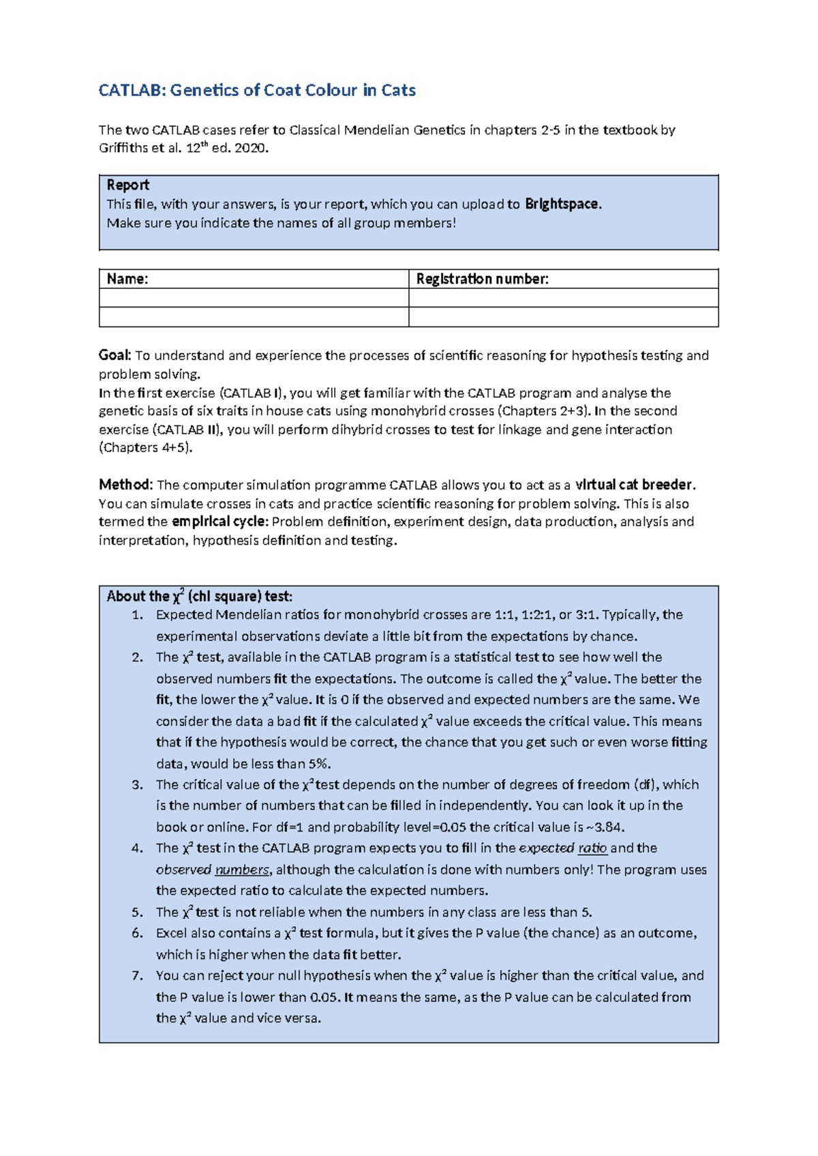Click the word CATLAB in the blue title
pos(132,91)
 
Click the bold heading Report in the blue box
pos(127,185)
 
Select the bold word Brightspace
pos(562,204)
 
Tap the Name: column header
pos(127,279)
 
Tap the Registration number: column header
pos(482,279)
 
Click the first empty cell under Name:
pos(254,298)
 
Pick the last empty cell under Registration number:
pos(563,317)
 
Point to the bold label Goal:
pos(115,355)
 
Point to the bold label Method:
pos(126,485)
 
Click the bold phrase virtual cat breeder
pos(634,485)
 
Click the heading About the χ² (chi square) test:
pos(199,596)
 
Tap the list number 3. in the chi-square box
pos(138,785)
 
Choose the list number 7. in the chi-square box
pos(138,976)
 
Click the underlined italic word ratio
pos(592,849)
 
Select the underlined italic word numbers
pos(242,870)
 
